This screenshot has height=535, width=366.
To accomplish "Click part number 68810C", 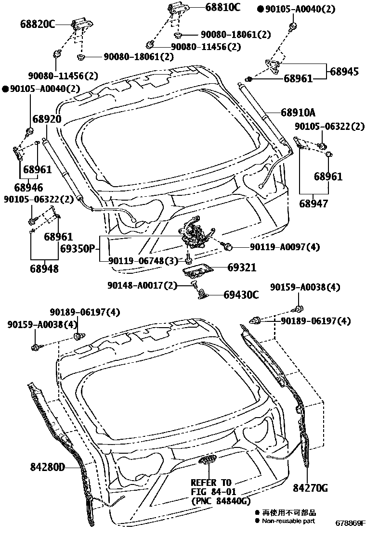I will point(222,7).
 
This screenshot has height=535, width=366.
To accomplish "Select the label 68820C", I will point(38,24).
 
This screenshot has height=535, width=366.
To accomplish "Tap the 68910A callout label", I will point(298,113).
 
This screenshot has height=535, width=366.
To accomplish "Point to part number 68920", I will point(47,119).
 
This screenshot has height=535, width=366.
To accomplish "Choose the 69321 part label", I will point(242,268).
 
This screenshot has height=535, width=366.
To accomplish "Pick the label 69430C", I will point(241,294).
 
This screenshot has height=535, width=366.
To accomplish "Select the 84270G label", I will point(310,488).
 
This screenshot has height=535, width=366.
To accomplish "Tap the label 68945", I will point(344,71).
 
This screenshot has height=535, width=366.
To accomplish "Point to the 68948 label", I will point(44,268).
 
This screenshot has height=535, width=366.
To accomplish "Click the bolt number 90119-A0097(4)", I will point(284,247).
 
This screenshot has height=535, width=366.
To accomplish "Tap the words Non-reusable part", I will point(288,521).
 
